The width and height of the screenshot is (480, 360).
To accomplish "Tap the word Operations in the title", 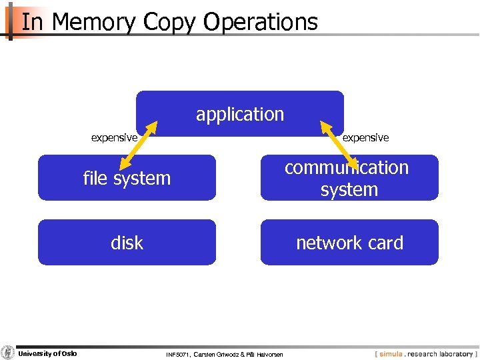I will pos(261,22).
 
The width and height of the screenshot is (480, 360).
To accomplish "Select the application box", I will pos(240,114).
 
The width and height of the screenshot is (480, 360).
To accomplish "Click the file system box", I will pos(127,178).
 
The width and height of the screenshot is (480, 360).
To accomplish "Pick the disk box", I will pos(127,243).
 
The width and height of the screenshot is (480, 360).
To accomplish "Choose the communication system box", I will pos(349,178).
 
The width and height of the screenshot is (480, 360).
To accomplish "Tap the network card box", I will pos(349,243).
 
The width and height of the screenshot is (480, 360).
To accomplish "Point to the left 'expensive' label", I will pos(114,137).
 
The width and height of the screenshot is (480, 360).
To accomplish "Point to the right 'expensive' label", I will pos(365,137).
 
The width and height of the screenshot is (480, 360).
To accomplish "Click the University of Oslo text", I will pos(47,353).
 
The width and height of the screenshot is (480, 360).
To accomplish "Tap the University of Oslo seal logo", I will pos(8,353).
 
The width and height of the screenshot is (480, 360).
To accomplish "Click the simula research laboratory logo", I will pos(425,353).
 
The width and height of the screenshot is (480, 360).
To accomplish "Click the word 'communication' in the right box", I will pos(347,167).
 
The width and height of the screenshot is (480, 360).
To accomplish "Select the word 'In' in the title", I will pos(32,22).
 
